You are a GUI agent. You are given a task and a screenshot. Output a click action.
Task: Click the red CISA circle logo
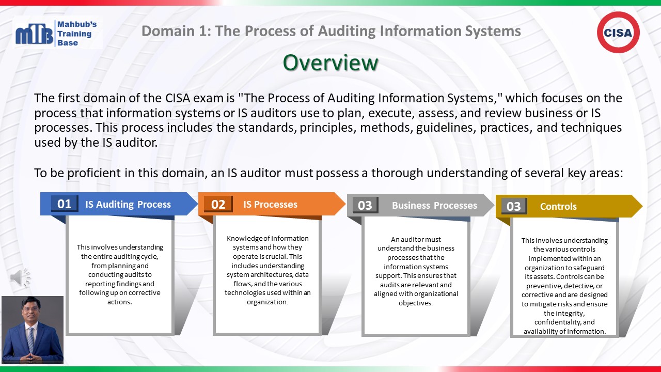(618, 33)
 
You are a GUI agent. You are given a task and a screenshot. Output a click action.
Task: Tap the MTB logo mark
(34, 35)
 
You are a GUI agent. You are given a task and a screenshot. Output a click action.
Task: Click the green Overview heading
(330, 63)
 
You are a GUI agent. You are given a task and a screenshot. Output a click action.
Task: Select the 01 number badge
(65, 204)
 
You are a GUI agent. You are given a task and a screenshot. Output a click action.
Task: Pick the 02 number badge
(218, 204)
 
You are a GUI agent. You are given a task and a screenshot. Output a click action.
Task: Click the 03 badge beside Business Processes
(365, 205)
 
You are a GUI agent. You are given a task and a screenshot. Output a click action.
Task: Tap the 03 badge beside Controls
(513, 206)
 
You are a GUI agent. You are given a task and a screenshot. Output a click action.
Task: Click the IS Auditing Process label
(128, 204)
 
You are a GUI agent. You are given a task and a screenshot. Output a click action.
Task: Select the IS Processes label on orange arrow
(270, 204)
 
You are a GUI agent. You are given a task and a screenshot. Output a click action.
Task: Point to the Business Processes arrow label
(434, 205)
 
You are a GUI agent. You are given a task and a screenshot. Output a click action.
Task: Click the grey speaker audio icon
(20, 278)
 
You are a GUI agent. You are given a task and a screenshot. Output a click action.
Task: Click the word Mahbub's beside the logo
(77, 24)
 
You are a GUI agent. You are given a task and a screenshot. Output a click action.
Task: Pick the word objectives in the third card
(415, 303)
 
